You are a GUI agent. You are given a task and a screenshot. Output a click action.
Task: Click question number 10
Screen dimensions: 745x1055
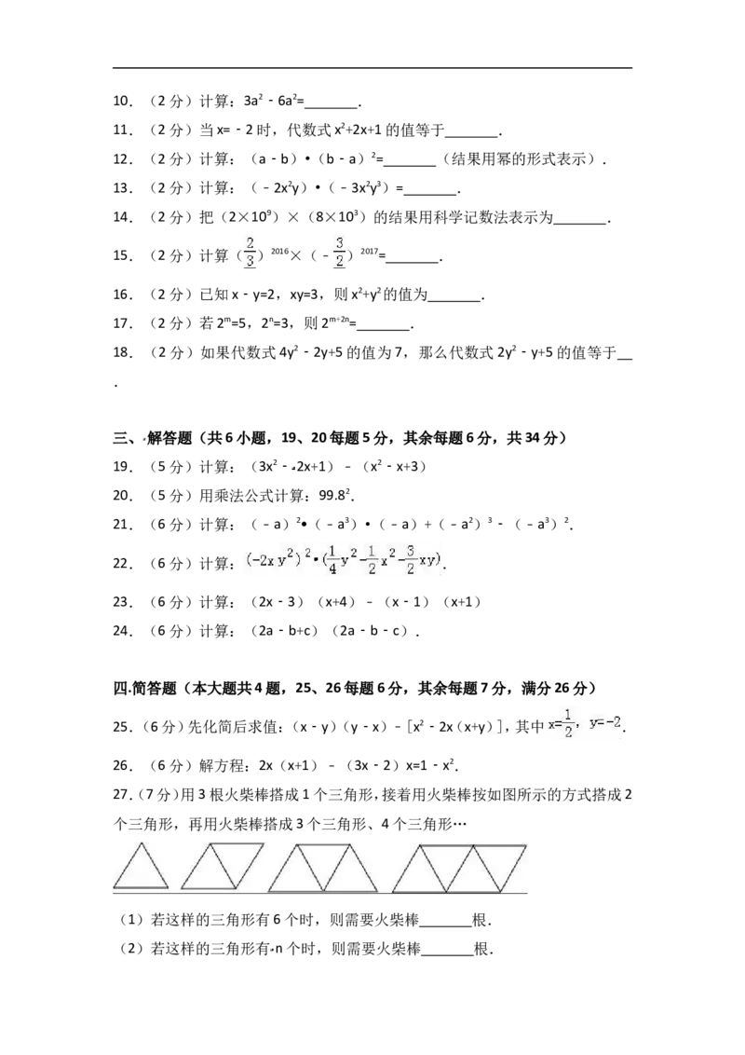(122, 101)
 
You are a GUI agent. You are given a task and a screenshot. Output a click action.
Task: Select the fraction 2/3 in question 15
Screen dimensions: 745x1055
(251, 253)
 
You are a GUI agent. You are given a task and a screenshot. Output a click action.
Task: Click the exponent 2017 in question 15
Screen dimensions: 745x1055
(369, 251)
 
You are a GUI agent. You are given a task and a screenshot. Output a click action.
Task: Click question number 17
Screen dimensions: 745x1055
(122, 323)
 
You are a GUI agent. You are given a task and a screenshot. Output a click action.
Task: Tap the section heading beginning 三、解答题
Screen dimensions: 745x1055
(340, 438)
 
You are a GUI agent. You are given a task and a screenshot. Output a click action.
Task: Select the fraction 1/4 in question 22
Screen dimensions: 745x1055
(332, 560)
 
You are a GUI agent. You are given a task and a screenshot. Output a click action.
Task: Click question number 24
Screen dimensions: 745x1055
(122, 630)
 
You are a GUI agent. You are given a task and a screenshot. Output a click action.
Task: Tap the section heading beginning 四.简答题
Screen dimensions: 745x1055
(355, 688)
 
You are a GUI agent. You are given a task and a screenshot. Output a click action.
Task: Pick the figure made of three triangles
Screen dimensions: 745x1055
(323, 868)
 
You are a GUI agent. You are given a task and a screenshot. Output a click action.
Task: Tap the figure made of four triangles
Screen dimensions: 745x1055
(460, 868)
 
